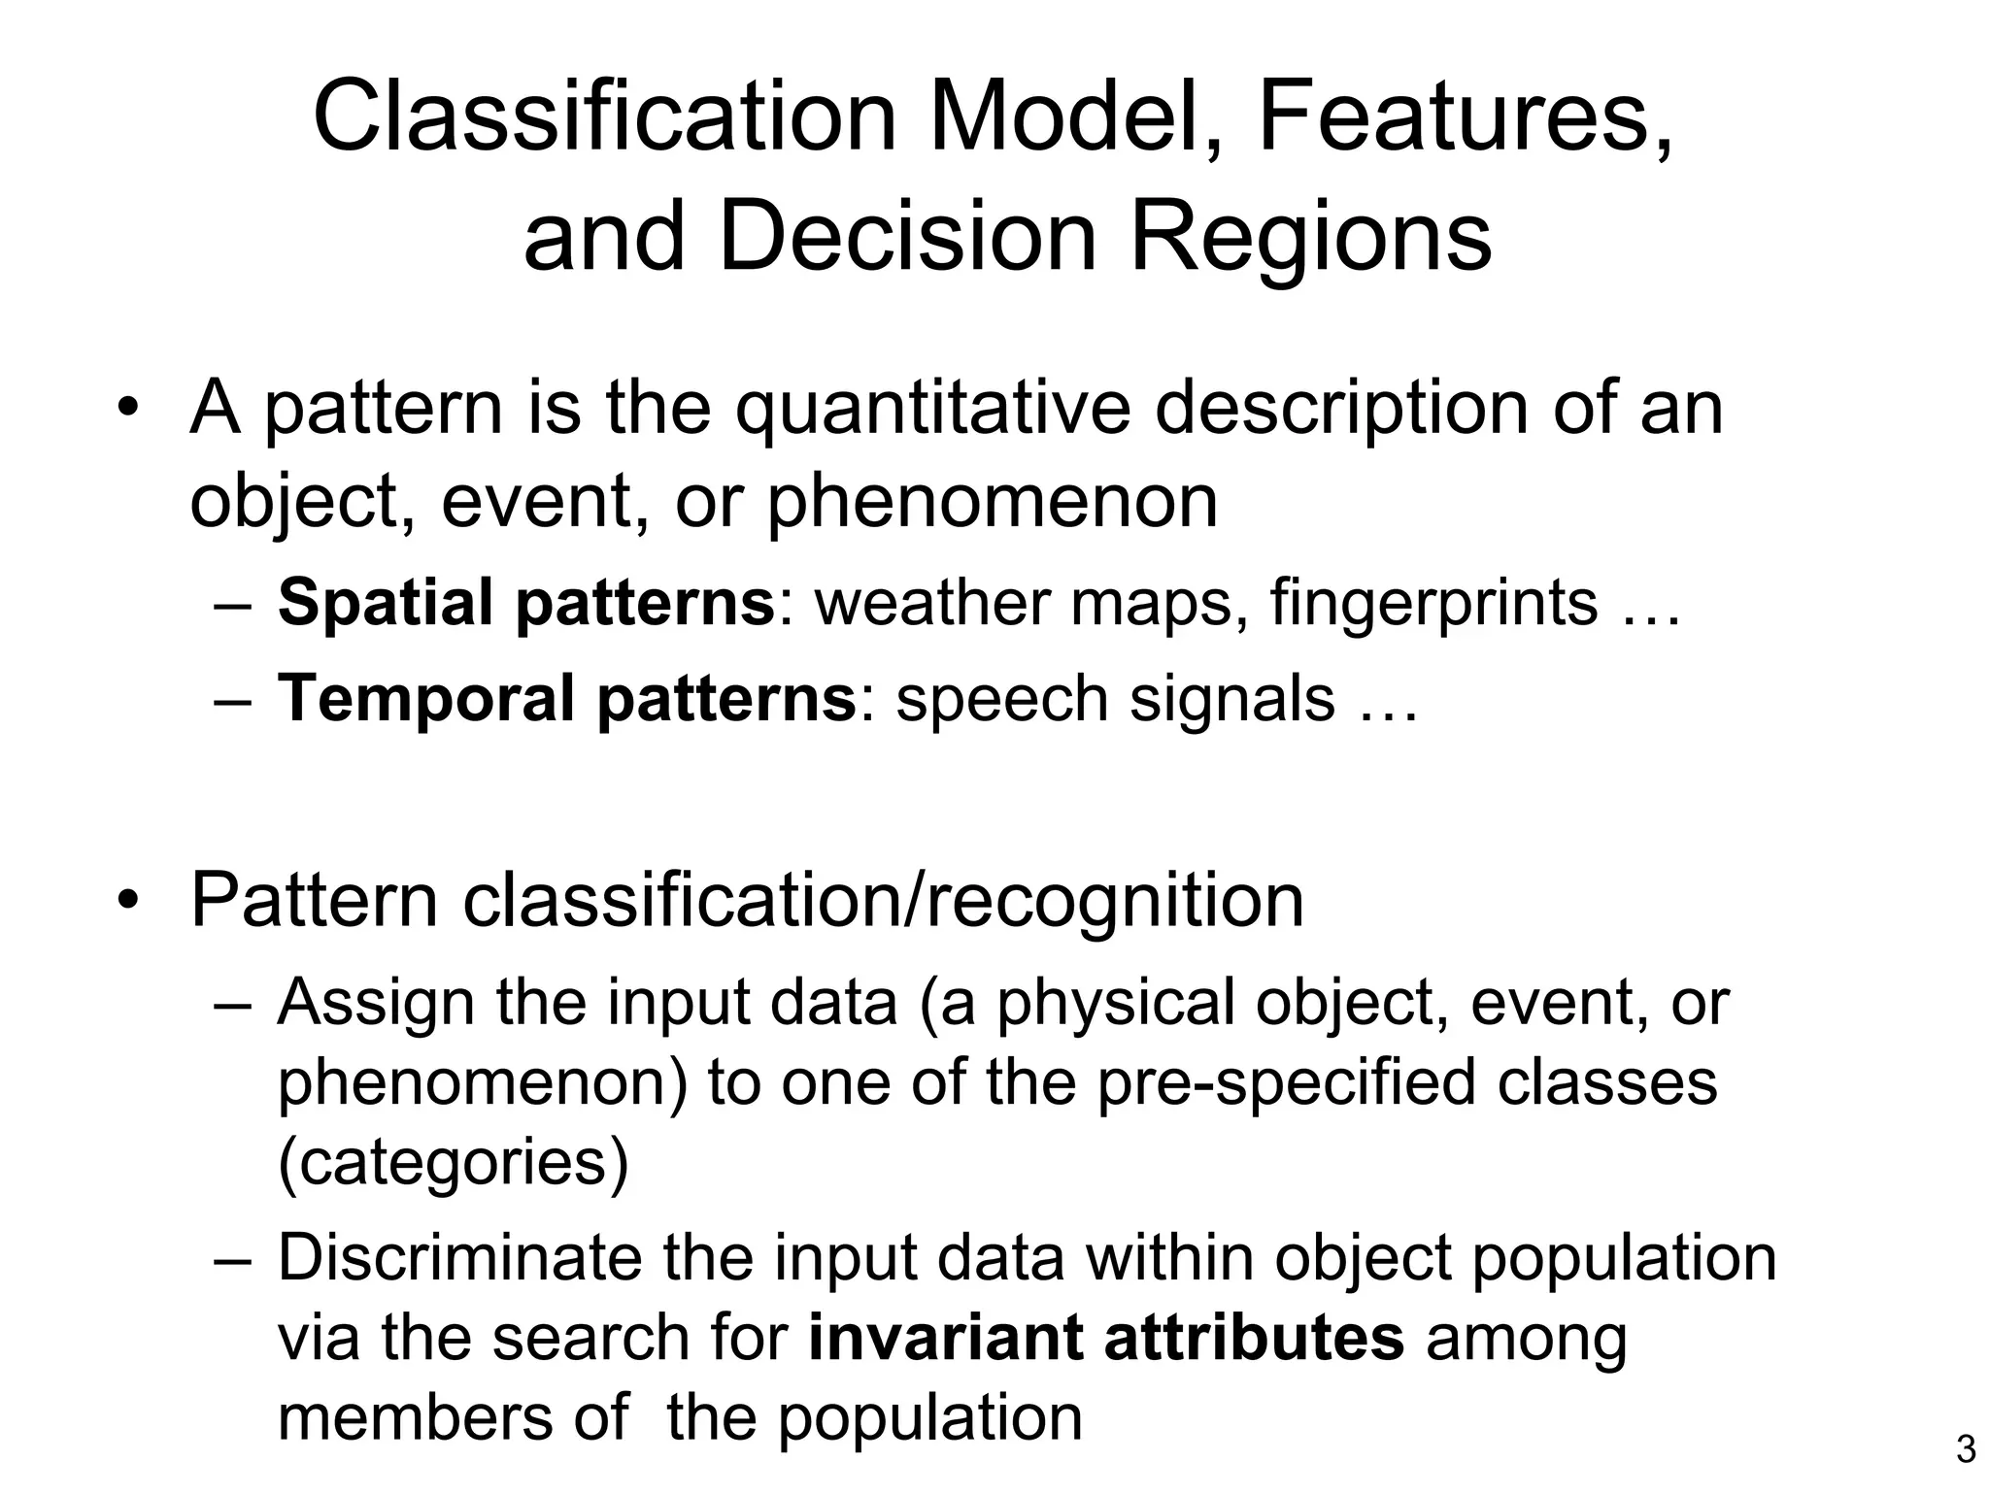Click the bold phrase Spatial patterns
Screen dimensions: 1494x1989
tap(525, 603)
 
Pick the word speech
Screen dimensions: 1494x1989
tap(1000, 698)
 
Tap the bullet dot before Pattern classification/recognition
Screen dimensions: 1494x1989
tap(125, 901)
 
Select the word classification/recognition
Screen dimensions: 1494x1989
tap(883, 901)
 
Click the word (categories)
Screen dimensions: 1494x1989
tap(453, 1162)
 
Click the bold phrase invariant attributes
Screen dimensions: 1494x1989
tap(1106, 1338)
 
